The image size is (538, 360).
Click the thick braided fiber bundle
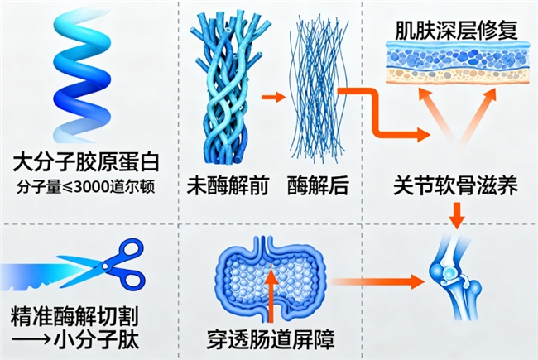pos(224,87)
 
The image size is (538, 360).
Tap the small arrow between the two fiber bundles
pos(270,98)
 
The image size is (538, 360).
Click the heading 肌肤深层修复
pos(451,31)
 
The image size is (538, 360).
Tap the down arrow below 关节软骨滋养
pos(455,213)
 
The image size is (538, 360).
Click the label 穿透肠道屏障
pos(270,338)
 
